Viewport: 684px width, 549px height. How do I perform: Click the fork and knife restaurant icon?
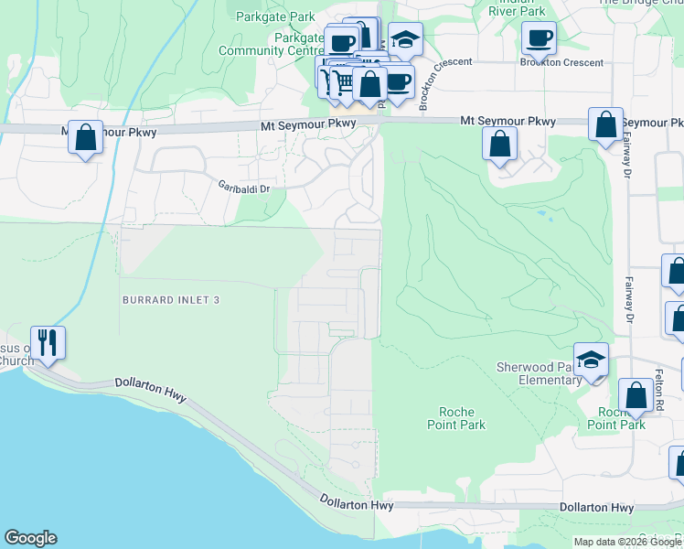coord(48,343)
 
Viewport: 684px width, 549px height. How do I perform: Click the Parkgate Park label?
coord(274,16)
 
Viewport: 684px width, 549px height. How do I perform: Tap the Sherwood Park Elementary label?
coord(535,373)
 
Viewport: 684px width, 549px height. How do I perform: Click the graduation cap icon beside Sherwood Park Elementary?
coord(591,360)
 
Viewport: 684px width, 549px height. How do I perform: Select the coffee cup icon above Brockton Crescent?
coord(539,38)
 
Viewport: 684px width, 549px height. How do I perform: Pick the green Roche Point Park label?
coord(456,418)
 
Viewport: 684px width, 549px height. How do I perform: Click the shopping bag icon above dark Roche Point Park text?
coord(636,395)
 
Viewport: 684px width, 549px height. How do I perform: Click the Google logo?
coord(30,538)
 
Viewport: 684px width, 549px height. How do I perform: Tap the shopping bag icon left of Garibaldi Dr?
coord(85,139)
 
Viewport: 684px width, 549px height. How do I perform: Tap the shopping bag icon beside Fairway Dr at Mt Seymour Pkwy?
coord(605,124)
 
